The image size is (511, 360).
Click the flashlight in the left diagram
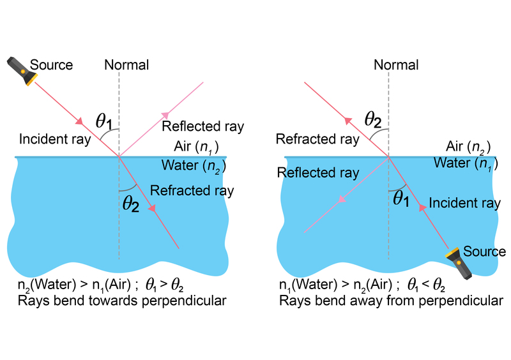click(x=21, y=71)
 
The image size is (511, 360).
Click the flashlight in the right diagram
click(x=459, y=264)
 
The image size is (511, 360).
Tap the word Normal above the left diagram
click(x=126, y=65)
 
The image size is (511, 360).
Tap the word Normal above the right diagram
click(x=396, y=65)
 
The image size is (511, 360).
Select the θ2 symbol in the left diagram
click(x=130, y=206)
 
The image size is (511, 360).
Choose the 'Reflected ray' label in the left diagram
click(x=203, y=126)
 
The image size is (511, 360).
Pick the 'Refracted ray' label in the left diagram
click(x=192, y=190)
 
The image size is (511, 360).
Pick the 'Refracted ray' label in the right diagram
click(x=317, y=139)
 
